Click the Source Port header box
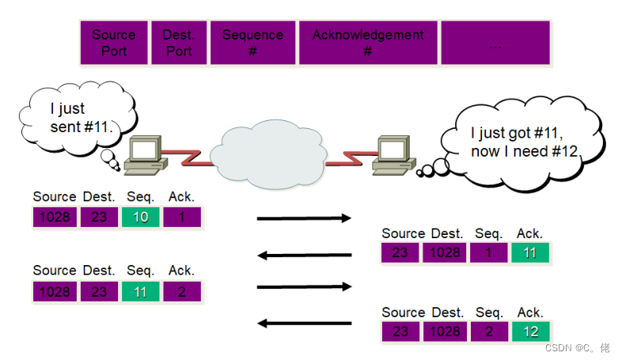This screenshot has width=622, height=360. coord(114,43)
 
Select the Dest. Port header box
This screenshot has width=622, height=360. coord(178,43)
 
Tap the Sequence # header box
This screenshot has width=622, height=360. coord(252,43)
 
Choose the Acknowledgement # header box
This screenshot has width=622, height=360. coord(367,43)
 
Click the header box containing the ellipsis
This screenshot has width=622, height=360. coord(495,43)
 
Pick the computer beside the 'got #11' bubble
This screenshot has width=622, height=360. coord(394,154)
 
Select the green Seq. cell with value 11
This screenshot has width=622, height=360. coord(141,291)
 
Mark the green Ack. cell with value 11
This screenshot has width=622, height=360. coord(529,253)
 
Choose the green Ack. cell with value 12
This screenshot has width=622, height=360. coord(529,331)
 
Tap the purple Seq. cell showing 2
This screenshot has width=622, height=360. coord(488,331)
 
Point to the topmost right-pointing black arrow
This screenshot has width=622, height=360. coord(305,218)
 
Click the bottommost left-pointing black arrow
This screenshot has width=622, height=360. coord(305,323)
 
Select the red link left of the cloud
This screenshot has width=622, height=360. coord(191,153)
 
